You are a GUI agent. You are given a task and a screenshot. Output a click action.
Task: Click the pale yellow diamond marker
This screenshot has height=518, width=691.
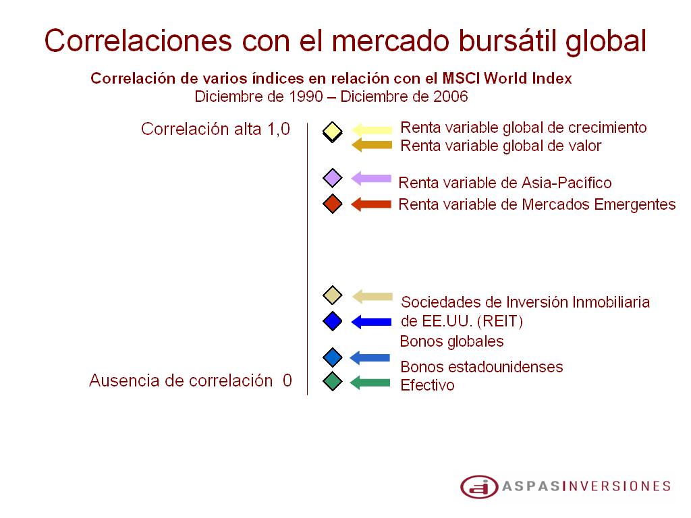332,132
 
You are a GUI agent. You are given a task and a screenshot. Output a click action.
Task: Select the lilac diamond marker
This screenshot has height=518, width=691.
332,178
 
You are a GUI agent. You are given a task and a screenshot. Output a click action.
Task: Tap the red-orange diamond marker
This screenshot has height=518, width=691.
332,204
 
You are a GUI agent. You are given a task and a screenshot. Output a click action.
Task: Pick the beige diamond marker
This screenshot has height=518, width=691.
332,295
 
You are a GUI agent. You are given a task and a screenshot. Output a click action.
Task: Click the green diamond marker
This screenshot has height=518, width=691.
332,382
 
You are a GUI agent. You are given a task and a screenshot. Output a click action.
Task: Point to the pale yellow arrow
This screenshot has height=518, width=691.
372,129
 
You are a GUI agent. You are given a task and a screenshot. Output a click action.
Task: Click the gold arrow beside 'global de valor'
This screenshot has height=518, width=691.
372,145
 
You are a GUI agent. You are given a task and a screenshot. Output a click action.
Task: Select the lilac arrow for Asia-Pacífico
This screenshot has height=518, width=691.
371,178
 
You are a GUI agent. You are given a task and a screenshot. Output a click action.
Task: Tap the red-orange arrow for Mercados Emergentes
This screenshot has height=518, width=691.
371,204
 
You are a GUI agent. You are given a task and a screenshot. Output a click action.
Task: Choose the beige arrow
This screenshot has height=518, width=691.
372,297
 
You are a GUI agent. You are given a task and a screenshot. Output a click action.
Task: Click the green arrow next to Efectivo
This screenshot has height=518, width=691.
370,382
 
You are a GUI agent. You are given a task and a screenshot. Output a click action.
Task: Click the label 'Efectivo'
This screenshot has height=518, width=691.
427,385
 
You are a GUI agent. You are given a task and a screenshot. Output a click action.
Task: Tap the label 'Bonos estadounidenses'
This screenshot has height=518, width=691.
482,367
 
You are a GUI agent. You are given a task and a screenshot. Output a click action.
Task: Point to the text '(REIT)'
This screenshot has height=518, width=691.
500,321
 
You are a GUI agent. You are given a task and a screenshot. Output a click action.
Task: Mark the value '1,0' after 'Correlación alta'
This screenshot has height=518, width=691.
279,129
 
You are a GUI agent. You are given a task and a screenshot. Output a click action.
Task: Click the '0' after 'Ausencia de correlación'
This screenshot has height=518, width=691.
287,380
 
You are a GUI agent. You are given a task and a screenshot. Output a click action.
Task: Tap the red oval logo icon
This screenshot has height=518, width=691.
479,487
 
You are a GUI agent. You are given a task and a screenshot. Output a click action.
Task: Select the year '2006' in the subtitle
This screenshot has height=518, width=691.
450,96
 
